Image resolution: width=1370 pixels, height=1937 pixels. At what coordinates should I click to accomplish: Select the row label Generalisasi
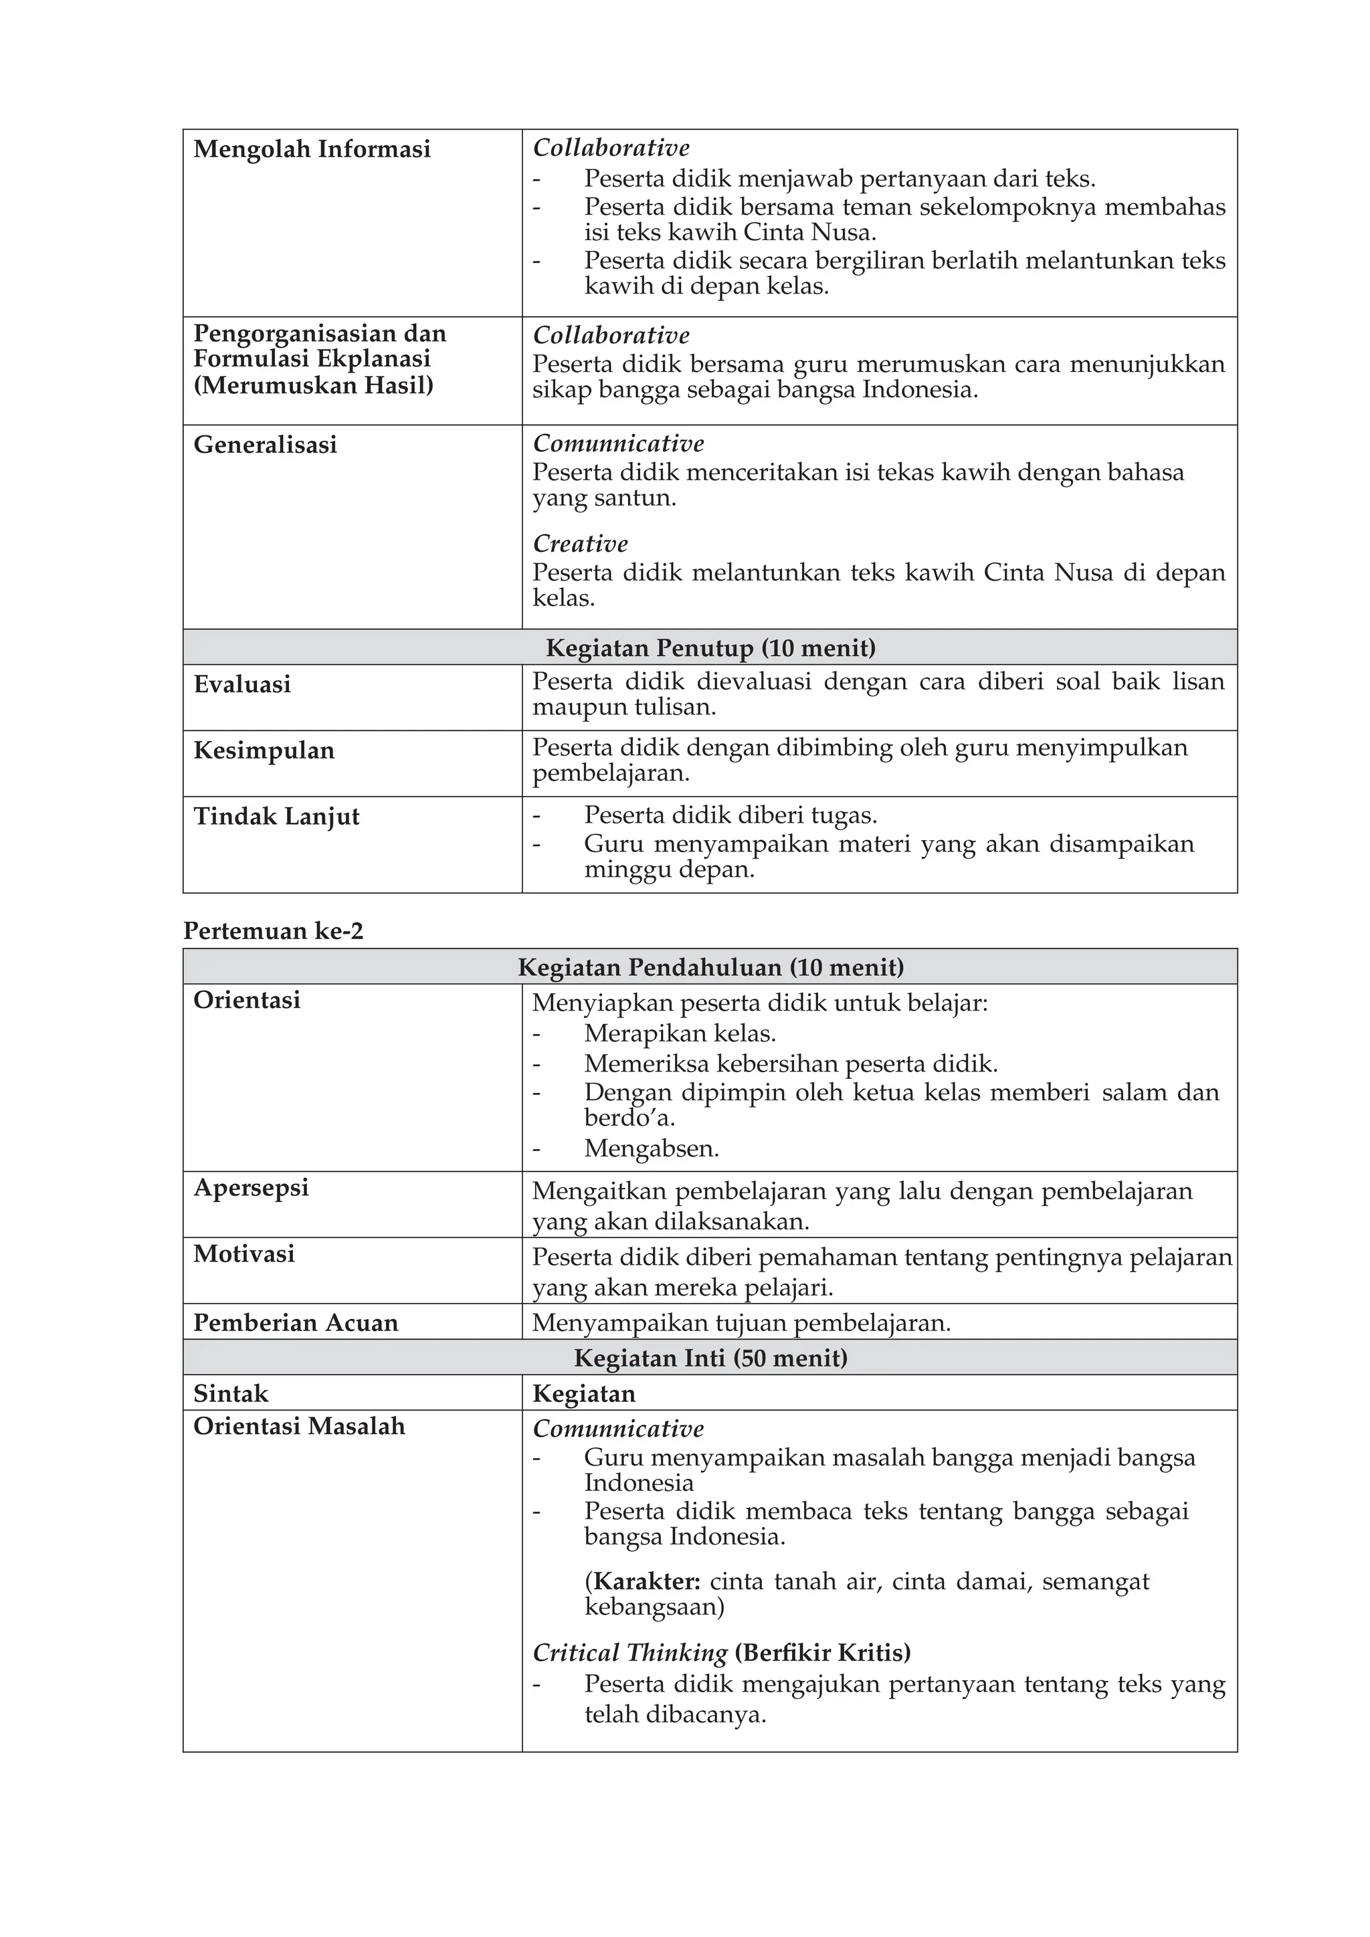265,445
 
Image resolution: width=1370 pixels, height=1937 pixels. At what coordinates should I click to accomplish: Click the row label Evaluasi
242,684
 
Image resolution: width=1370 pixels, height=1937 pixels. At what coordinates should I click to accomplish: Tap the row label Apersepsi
251,1187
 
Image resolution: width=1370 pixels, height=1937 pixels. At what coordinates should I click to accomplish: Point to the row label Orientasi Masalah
298,1426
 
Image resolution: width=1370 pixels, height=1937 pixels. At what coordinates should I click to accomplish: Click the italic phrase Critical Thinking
630,1653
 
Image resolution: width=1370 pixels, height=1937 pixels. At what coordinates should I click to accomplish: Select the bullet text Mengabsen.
652,1148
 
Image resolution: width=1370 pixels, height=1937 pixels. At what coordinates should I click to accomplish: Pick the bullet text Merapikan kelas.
679,1033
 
